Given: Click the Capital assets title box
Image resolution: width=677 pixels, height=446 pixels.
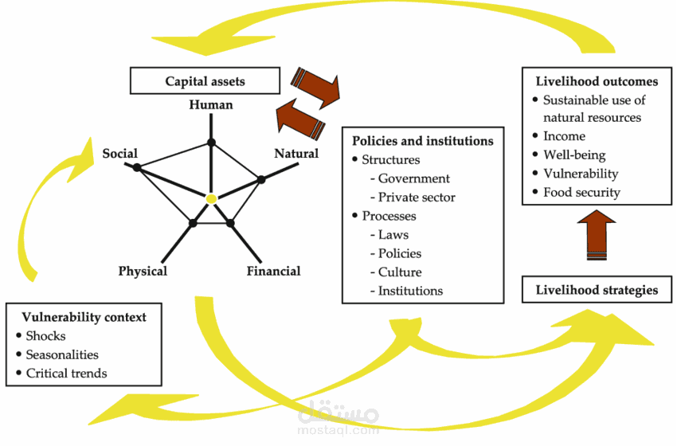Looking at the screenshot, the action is [205, 80].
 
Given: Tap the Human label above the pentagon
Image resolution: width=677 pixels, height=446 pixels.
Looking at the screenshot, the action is [211, 105].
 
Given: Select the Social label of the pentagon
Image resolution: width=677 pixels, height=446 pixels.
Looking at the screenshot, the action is [119, 153].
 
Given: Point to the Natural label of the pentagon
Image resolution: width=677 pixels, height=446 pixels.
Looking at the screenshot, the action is [296, 153].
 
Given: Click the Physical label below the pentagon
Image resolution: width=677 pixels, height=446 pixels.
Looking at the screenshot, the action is [143, 271].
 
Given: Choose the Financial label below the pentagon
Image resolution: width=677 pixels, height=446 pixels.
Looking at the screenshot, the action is [273, 271].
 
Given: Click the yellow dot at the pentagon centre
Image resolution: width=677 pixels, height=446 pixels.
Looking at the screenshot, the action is [211, 198].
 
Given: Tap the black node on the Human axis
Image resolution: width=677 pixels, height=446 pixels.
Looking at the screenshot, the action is [211, 143].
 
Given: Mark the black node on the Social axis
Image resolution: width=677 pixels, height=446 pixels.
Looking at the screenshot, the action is [137, 167].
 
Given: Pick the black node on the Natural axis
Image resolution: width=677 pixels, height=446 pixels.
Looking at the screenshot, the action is [261, 179].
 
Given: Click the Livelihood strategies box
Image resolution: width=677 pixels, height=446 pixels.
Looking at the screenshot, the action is [597, 289].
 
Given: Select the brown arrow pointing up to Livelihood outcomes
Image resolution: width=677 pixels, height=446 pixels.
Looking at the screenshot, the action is [597, 235].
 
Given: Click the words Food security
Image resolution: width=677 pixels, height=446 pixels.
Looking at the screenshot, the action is [581, 192].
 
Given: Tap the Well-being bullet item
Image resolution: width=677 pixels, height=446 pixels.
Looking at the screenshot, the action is [574, 155].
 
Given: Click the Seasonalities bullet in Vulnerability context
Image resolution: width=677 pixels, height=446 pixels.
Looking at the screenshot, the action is [62, 354].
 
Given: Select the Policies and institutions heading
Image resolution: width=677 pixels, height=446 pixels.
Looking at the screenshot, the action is [423, 141].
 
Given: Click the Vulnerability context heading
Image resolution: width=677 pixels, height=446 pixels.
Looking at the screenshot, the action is [84, 317].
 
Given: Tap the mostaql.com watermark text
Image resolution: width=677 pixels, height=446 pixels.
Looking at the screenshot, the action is [338, 429].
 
